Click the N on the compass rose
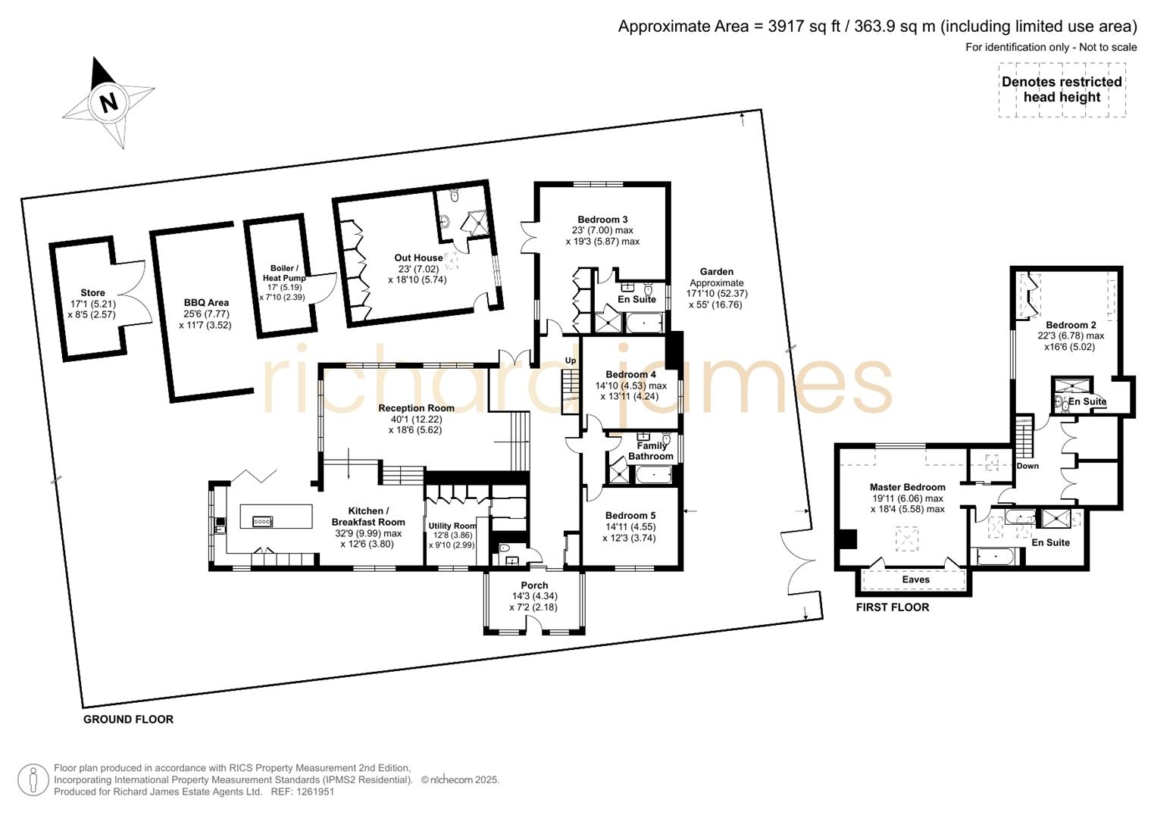[109, 102]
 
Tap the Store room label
[92, 293]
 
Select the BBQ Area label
[206, 303]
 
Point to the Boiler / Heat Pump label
[284, 273]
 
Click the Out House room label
[418, 258]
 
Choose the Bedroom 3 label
[602, 220]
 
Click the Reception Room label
[416, 408]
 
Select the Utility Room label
[452, 526]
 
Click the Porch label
[534, 585]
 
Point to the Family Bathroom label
[651, 451]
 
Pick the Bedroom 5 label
[630, 516]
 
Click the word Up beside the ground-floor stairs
[571, 361]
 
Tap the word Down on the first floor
[1027, 466]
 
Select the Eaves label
[915, 579]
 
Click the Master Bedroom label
[907, 487]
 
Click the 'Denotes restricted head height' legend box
[1062, 90]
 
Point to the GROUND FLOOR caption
[128, 720]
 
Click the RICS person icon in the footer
[33, 780]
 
